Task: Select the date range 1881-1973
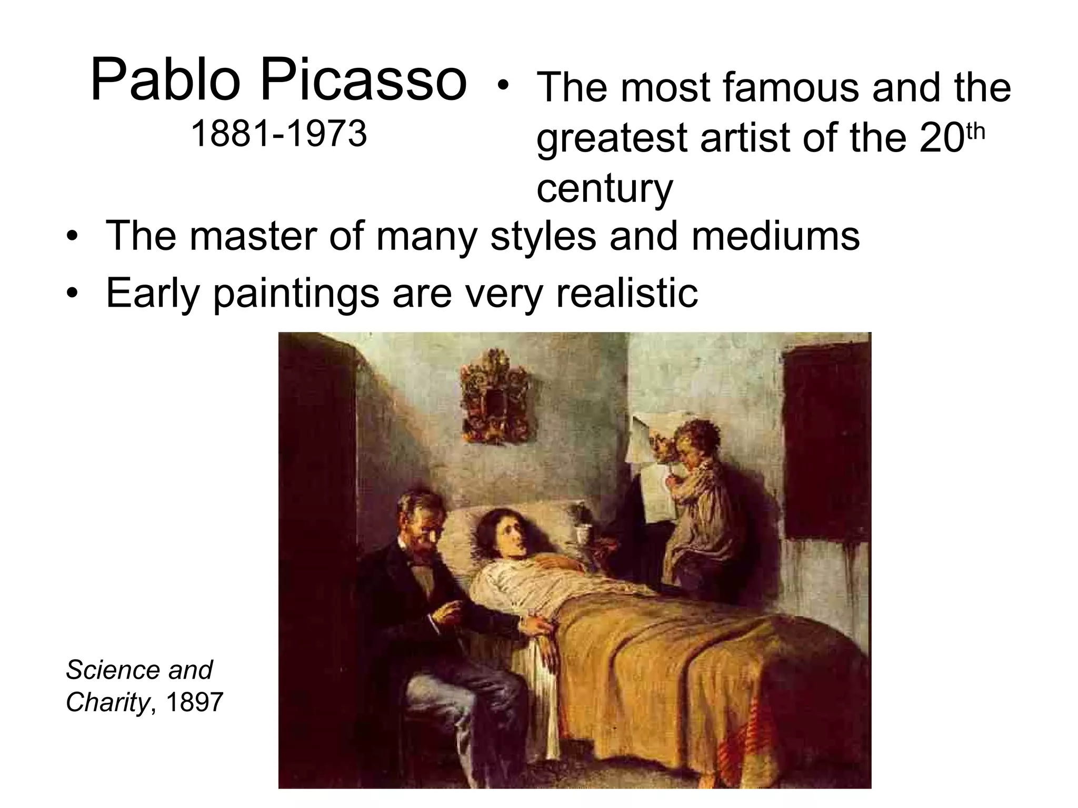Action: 278,134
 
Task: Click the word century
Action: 604,188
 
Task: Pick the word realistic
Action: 627,292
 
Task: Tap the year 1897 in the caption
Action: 194,702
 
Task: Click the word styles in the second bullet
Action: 543,236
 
